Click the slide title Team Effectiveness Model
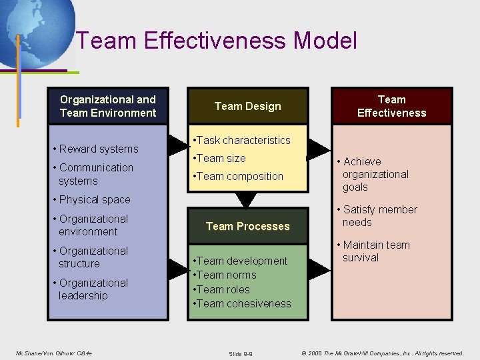click(217, 41)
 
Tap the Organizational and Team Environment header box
click(108, 106)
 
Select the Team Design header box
click(248, 106)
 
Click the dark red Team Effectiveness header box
click(391, 106)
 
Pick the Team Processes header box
click(248, 226)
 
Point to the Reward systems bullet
click(98, 149)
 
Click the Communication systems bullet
click(96, 174)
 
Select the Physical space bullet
click(95, 199)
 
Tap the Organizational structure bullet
click(93, 257)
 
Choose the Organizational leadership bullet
click(93, 289)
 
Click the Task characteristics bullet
click(241, 140)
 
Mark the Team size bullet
click(219, 158)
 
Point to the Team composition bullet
click(238, 176)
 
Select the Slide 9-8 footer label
click(241, 353)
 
